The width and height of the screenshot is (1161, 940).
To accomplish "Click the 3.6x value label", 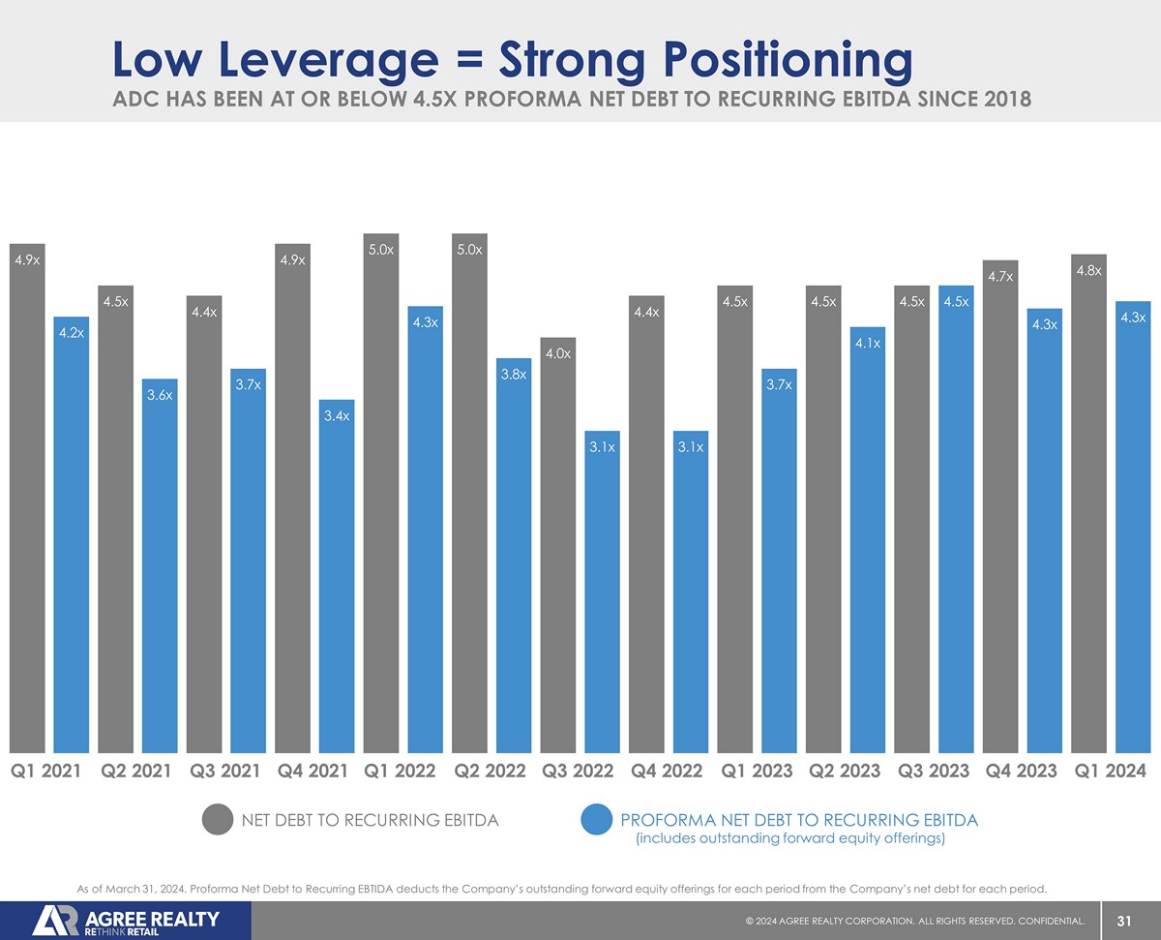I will click(x=160, y=396).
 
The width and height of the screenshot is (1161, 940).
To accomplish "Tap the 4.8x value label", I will click(x=1088, y=270).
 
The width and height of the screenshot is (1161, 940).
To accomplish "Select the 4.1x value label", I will click(x=868, y=344).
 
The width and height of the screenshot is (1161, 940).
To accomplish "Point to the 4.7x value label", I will click(x=1000, y=278).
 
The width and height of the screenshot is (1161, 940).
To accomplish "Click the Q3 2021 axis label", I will click(x=225, y=772).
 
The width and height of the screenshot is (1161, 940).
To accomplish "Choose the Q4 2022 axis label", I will click(x=667, y=772).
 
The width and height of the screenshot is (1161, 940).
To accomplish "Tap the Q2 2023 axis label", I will click(x=844, y=772).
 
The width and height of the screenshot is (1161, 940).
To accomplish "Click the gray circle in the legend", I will click(x=219, y=820).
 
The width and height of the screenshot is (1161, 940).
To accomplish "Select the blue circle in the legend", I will click(x=597, y=820).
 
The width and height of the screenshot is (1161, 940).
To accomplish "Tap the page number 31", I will click(x=1124, y=921).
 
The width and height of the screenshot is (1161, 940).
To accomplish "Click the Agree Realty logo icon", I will click(x=56, y=921).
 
